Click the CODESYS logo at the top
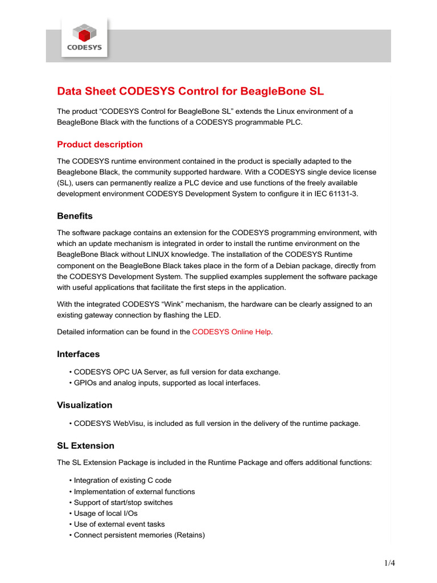tap(84, 38)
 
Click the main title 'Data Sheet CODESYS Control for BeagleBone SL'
tap(190, 92)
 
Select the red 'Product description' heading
tap(100, 144)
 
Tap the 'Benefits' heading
tap(75, 216)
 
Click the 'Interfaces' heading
tap(78, 354)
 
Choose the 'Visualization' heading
tap(84, 405)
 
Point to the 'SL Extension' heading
tap(85, 445)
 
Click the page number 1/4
tap(389, 564)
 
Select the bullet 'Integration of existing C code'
tap(122, 481)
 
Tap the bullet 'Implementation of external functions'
tap(134, 491)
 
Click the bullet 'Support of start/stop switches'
tap(123, 502)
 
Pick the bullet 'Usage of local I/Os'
tap(105, 513)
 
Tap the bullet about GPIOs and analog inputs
tap(167, 383)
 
